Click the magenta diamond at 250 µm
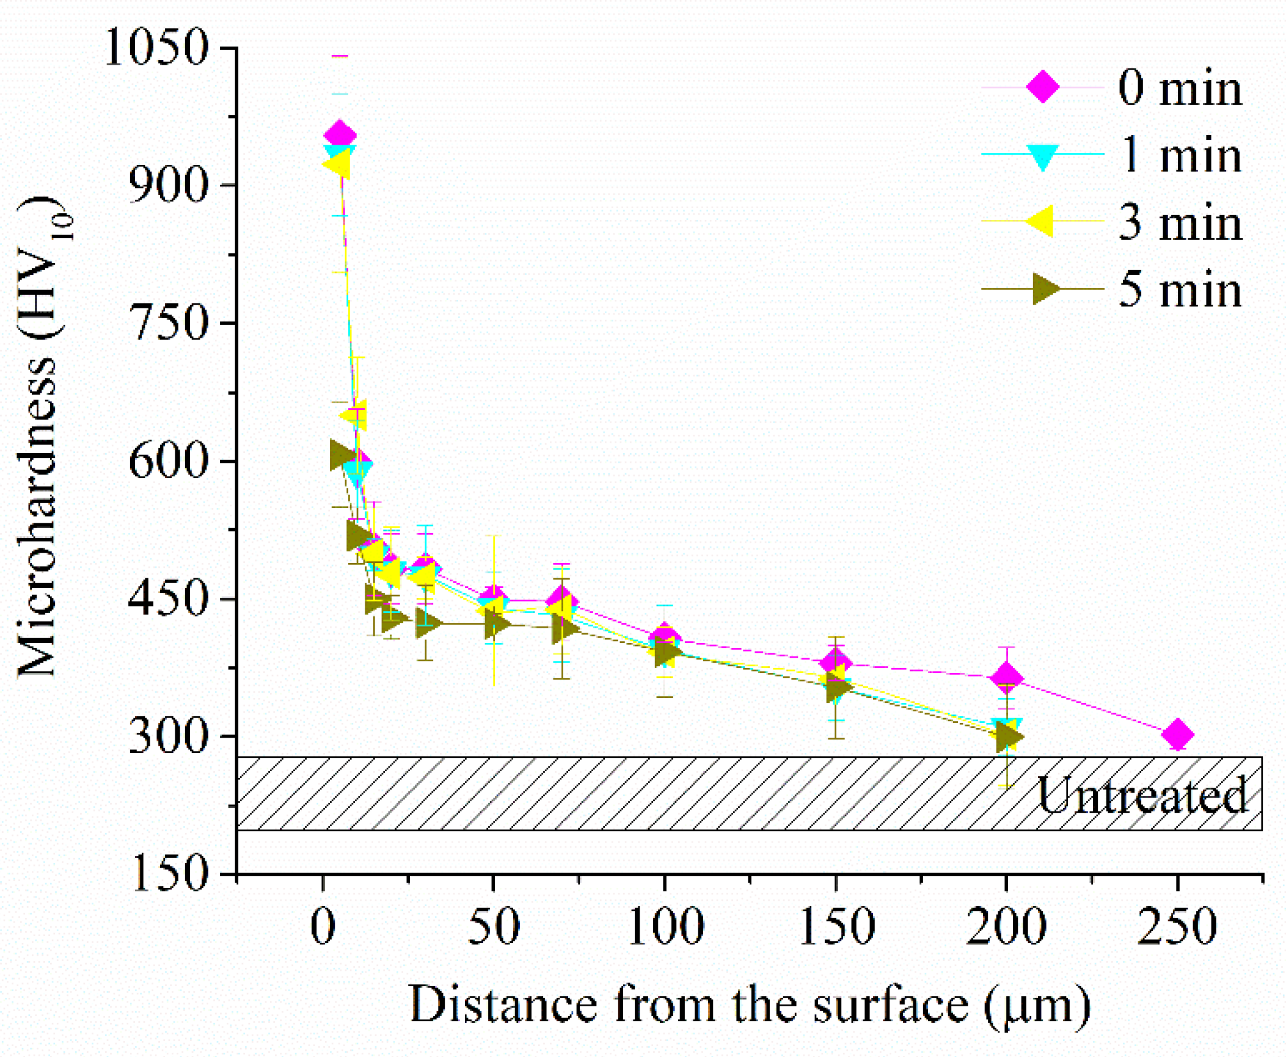(x=1177, y=734)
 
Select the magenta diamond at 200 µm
(x=1006, y=678)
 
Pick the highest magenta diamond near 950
(x=340, y=135)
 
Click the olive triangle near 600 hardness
(x=342, y=454)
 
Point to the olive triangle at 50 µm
(x=496, y=623)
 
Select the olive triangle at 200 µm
(x=1008, y=737)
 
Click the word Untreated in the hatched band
(x=1141, y=794)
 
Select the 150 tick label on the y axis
(x=169, y=873)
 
